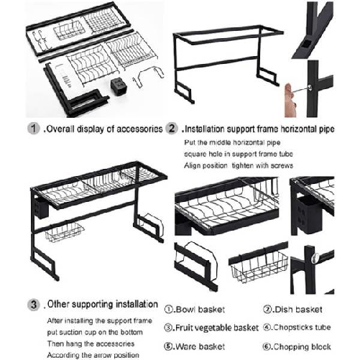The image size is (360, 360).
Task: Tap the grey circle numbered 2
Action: tap(172, 129)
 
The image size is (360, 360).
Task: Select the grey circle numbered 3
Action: tap(34, 304)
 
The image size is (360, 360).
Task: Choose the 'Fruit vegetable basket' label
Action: tap(211, 327)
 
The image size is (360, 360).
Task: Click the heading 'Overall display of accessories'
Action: tap(103, 129)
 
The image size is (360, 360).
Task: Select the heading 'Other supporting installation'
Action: tap(102, 304)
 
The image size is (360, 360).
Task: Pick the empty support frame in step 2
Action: tap(223, 57)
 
